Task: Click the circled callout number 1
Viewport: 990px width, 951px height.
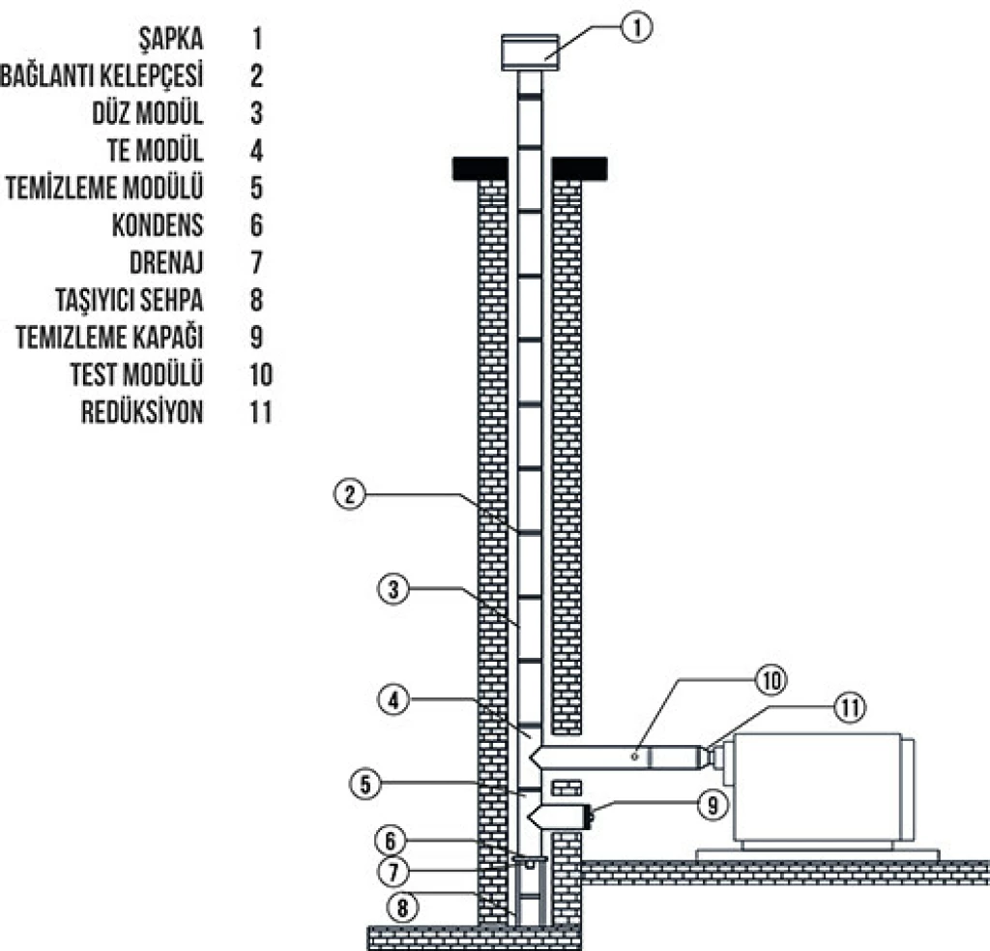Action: click(635, 28)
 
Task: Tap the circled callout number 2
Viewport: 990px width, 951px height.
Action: click(350, 494)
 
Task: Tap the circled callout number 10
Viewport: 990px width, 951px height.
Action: click(772, 680)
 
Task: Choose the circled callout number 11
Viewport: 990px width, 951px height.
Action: click(850, 707)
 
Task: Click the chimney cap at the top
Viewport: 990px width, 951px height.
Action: click(529, 51)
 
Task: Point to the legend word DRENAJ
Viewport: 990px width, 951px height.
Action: click(165, 263)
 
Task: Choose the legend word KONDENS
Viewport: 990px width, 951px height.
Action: click(158, 225)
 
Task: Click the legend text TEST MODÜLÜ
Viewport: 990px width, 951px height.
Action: click(136, 374)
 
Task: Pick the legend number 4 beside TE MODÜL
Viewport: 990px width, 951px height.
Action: click(256, 151)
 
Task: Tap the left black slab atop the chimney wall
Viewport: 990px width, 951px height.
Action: click(480, 168)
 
